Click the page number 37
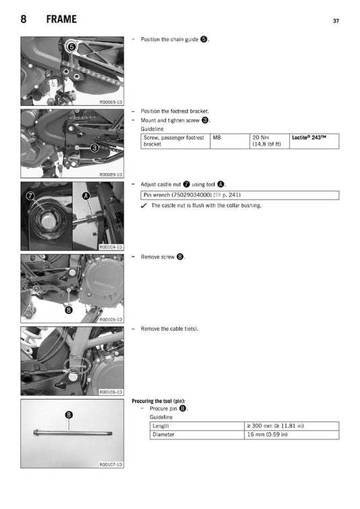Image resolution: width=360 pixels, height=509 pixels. pyautogui.click(x=336, y=21)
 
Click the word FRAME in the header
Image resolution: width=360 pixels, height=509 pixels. pyautogui.click(x=61, y=20)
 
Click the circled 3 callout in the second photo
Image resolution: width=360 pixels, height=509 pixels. pyautogui.click(x=95, y=147)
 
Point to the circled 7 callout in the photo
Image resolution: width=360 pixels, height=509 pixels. pyautogui.click(x=30, y=196)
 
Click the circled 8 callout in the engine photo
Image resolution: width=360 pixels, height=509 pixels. pyautogui.click(x=68, y=310)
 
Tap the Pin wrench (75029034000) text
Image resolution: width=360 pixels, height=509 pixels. pyautogui.click(x=177, y=195)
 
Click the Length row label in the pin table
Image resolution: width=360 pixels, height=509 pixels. pyautogui.click(x=161, y=426)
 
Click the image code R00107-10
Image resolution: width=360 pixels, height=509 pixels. pyautogui.click(x=110, y=464)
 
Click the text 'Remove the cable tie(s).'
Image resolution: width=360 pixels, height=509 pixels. pyautogui.click(x=170, y=329)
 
